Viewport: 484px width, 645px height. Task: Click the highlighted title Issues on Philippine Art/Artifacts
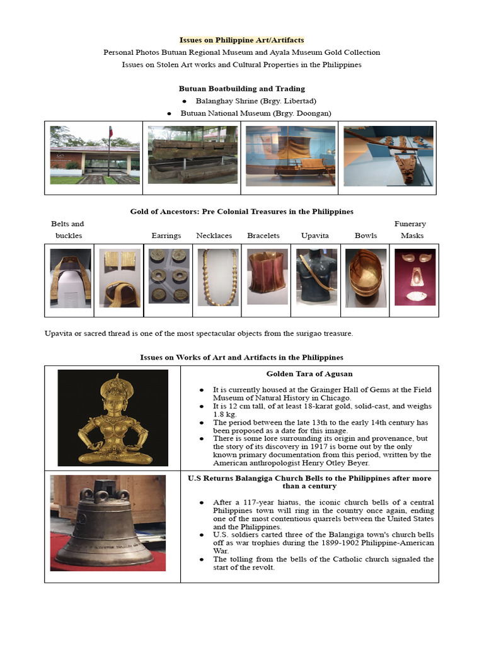(241, 40)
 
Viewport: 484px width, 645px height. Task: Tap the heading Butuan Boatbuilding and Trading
(241, 89)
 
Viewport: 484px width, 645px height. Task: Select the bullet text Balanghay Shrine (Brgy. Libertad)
(255, 101)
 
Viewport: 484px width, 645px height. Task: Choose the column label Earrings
(166, 236)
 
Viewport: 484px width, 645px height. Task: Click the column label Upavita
(314, 236)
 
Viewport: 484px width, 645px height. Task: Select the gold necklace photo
(217, 277)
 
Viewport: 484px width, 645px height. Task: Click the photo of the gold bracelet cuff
(267, 277)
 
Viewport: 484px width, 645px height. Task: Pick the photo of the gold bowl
(366, 277)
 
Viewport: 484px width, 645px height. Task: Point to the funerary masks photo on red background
(415, 277)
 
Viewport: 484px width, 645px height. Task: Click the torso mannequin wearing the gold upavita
(316, 277)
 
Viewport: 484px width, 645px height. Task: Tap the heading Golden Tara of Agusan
(309, 374)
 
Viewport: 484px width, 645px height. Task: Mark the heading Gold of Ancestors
(241, 212)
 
